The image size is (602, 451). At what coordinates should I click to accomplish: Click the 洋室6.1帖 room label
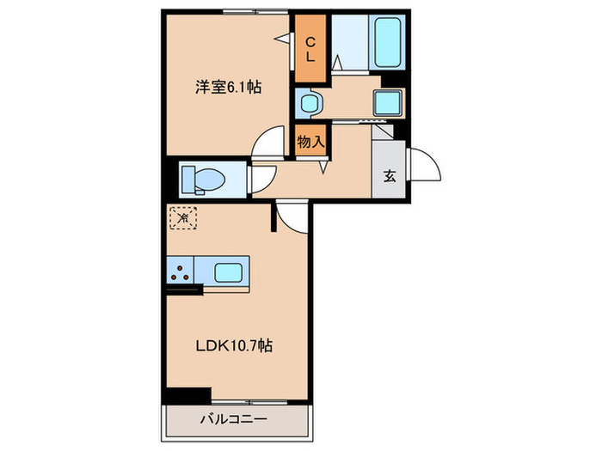pyautogui.click(x=227, y=87)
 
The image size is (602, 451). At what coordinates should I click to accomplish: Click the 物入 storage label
pyautogui.click(x=310, y=142)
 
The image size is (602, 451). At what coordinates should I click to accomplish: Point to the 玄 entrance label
pyautogui.click(x=390, y=177)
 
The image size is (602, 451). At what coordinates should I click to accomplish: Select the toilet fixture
pyautogui.click(x=204, y=180)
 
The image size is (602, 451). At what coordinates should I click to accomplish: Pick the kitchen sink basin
pyautogui.click(x=227, y=274)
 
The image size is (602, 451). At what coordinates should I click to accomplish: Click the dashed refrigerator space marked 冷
pyautogui.click(x=183, y=218)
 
